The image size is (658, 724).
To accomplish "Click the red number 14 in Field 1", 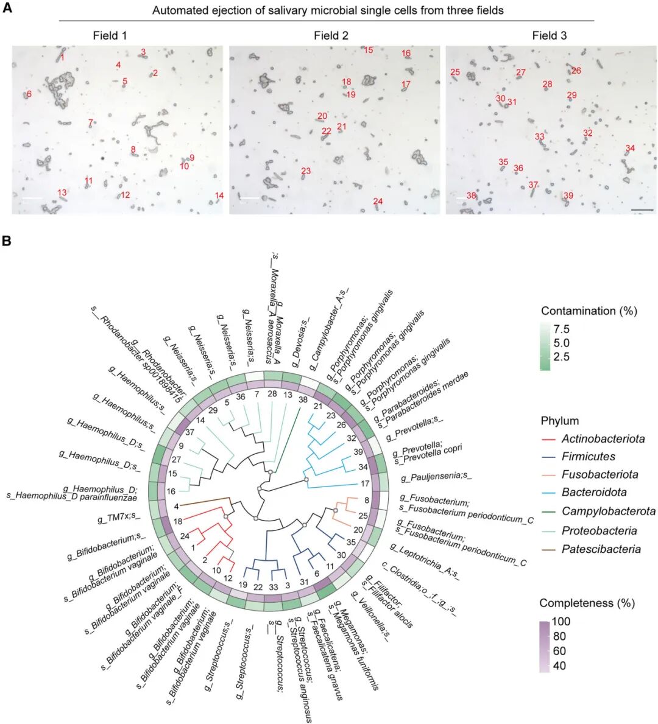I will [219, 195].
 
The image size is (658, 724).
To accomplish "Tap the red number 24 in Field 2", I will [378, 202].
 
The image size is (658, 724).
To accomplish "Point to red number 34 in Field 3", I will [630, 149].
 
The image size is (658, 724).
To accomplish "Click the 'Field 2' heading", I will [331, 35].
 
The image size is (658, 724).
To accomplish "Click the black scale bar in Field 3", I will [642, 210].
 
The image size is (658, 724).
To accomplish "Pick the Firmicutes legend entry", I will [588, 457].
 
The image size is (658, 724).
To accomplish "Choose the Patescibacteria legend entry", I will [601, 549].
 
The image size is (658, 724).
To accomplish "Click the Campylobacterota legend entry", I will [608, 511].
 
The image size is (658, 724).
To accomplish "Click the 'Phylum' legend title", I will [559, 421].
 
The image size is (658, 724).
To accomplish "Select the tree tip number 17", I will [365, 484].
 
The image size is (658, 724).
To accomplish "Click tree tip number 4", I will [176, 506].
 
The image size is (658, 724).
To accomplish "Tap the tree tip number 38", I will [303, 400].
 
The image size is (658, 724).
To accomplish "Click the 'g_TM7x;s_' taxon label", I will [119, 519].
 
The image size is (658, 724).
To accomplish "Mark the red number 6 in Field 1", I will [28, 94].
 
